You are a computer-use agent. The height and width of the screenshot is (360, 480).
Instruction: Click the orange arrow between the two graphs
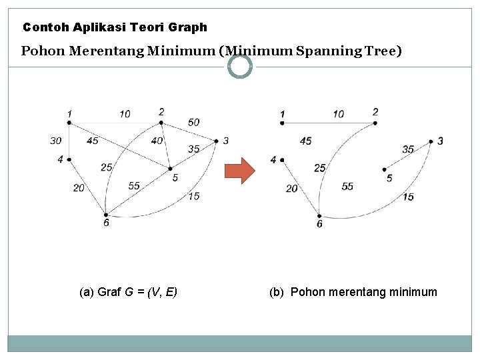[239, 171]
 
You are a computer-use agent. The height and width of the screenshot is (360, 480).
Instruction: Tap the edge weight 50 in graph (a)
[193, 122]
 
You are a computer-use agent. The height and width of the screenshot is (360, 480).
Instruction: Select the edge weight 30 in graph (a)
[55, 141]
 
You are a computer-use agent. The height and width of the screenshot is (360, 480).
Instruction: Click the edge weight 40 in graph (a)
[157, 141]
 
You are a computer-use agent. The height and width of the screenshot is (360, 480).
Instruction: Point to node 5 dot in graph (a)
[170, 168]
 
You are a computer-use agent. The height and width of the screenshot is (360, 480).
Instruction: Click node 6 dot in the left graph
[106, 214]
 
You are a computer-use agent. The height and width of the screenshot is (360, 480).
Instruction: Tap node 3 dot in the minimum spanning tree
[431, 141]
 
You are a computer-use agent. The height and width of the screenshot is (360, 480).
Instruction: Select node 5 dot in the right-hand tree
[385, 169]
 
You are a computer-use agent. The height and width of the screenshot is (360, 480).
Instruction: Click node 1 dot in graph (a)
[69, 122]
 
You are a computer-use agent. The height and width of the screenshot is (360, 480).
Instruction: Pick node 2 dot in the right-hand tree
[375, 123]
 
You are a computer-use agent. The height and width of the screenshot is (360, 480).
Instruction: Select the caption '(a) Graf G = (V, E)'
[128, 292]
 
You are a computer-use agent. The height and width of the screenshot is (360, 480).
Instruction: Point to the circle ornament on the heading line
[240, 66]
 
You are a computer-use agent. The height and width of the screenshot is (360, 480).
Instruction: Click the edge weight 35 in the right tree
[408, 149]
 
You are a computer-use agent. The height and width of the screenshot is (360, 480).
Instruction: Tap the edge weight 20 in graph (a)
[79, 188]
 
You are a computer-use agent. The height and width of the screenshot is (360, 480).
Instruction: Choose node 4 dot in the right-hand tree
[283, 160]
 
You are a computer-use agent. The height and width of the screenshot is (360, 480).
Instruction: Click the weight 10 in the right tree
[339, 114]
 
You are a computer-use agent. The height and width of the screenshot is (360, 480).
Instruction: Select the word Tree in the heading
[387, 51]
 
